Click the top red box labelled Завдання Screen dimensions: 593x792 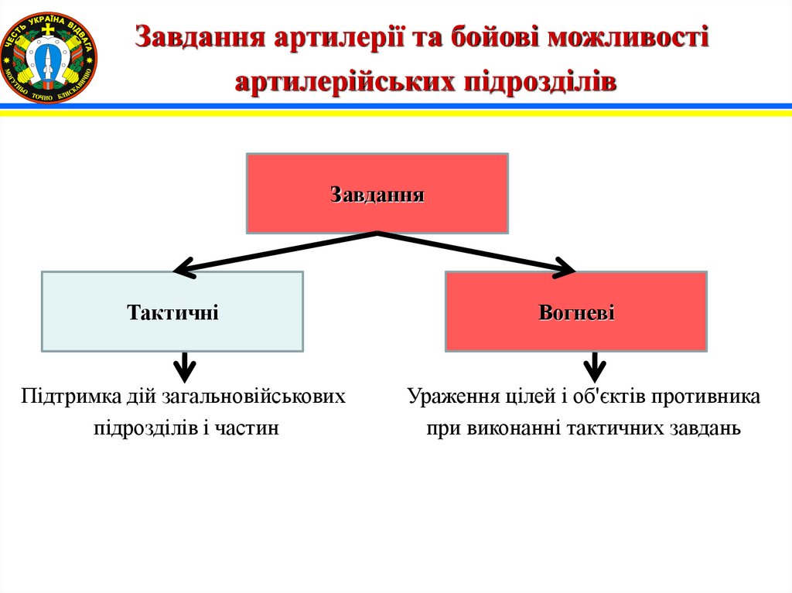pos(377,193)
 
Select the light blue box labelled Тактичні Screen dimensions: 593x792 pos(172,312)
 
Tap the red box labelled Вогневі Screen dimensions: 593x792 pos(576,312)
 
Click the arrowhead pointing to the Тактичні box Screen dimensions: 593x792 pos(183,268)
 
